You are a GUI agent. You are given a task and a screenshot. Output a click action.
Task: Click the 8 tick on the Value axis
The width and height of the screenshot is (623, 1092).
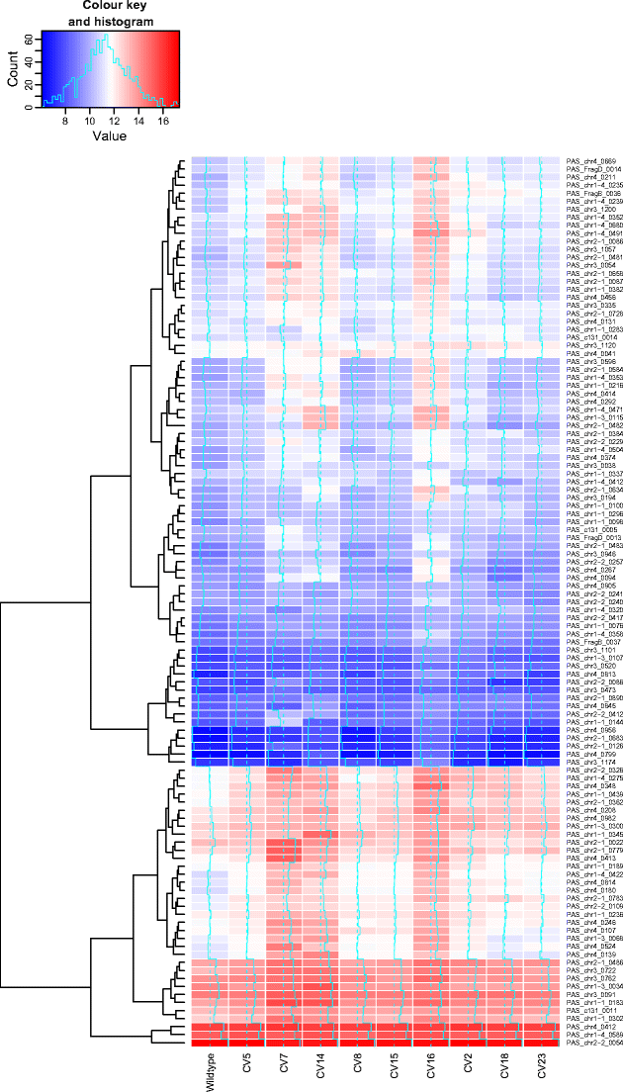65,121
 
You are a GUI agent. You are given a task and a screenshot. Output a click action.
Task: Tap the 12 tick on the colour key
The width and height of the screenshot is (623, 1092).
115,121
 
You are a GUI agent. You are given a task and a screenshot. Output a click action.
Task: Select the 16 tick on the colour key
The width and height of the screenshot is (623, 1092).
163,121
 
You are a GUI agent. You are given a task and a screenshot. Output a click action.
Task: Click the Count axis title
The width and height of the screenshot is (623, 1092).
13,69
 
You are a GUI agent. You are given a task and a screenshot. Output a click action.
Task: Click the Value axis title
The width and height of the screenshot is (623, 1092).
109,136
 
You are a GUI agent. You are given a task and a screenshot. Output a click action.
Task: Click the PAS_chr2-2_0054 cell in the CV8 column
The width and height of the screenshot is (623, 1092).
356,1015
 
